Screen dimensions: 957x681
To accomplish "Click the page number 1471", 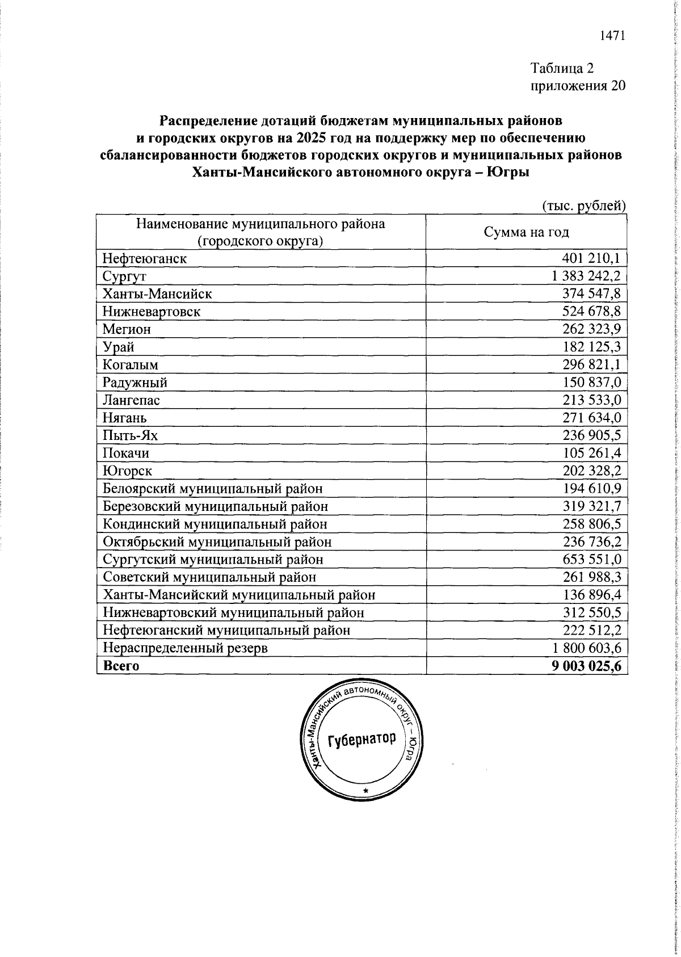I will (x=612, y=36).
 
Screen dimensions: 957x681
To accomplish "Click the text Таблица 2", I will (x=562, y=69).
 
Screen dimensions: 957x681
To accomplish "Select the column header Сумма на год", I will (x=526, y=232).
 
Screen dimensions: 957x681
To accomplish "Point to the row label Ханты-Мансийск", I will (x=157, y=294).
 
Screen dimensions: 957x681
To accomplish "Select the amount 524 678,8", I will (x=591, y=312).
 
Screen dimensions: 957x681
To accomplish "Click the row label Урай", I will (x=119, y=347).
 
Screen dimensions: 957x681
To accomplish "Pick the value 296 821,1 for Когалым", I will (x=591, y=364).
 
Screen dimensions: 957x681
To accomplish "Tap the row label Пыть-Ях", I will (x=130, y=435).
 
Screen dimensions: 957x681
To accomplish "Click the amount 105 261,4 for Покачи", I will (x=591, y=453).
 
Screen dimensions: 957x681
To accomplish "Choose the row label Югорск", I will (x=127, y=471).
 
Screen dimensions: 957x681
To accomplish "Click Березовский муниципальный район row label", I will (x=215, y=506).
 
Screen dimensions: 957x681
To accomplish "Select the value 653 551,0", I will (x=591, y=559).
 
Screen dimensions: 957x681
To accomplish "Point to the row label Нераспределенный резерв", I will (x=193, y=648).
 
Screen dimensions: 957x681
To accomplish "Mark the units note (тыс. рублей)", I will (x=583, y=205).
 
